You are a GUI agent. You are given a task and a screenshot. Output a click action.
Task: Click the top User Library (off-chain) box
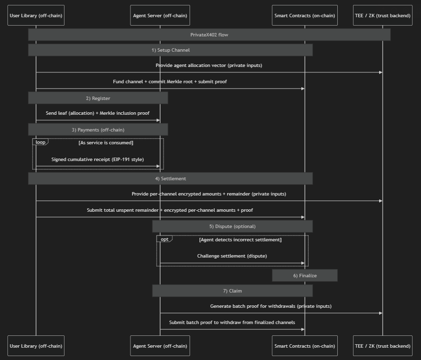[x=36, y=15]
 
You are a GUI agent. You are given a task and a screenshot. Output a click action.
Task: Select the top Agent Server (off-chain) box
[x=160, y=15]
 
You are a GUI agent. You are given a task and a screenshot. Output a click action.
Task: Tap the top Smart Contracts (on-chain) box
[x=304, y=15]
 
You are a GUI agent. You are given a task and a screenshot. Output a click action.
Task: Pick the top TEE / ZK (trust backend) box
[x=383, y=15]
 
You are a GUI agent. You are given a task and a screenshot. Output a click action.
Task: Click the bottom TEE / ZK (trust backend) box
[x=383, y=346]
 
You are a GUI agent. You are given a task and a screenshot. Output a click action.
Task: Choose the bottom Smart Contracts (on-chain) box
[x=304, y=346]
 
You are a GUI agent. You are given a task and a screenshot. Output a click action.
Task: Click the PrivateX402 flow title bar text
[x=209, y=35]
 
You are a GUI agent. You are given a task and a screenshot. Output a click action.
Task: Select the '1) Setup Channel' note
[x=170, y=50]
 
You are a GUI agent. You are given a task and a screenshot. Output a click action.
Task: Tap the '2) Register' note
[x=98, y=98]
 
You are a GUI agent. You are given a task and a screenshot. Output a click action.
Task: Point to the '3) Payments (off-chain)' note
[x=98, y=130]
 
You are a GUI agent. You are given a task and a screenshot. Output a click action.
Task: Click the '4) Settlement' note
[x=170, y=178]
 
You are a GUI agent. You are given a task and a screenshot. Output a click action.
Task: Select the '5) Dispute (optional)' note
[x=232, y=227]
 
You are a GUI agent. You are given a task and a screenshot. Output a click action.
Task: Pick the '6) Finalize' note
[x=305, y=276]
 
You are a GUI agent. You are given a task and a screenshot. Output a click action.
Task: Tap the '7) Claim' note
[x=232, y=291]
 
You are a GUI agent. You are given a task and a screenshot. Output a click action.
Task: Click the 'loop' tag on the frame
[x=40, y=142]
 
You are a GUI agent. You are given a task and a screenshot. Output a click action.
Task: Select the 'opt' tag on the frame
[x=164, y=239]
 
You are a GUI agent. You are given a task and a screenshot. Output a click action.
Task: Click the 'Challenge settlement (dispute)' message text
[x=232, y=256]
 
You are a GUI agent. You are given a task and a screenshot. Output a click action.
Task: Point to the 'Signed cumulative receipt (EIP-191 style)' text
[x=98, y=160]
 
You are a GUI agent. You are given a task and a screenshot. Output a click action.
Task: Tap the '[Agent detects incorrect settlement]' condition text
[x=240, y=240]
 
